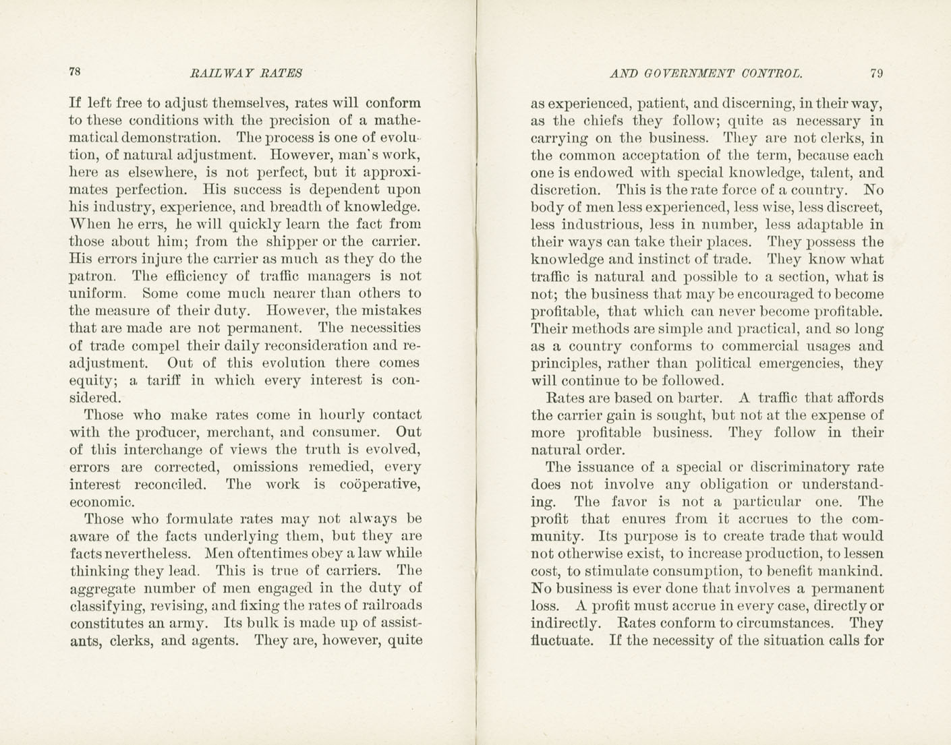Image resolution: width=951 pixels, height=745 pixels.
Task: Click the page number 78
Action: [x=75, y=73]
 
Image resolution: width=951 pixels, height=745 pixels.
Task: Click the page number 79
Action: [x=876, y=73]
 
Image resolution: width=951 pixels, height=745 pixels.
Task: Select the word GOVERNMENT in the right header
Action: [x=688, y=73]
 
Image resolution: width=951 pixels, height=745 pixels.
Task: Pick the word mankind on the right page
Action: [x=848, y=571]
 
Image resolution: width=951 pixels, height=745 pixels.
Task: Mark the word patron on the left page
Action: [x=92, y=276]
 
